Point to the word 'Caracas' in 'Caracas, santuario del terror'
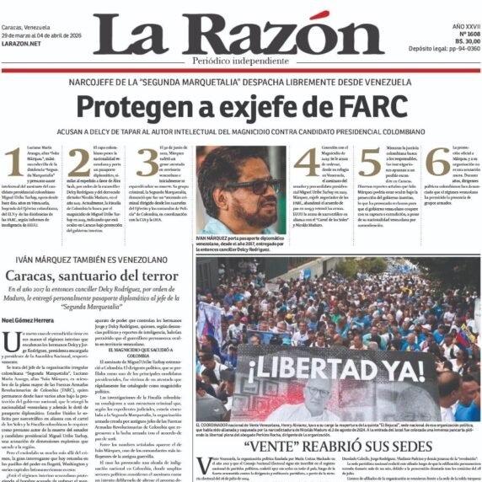pyautogui.click(x=36, y=276)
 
